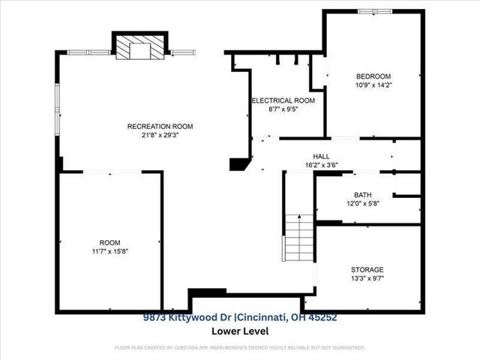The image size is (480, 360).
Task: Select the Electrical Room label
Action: pos(283,100)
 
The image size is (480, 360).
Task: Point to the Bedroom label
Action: pos(373,76)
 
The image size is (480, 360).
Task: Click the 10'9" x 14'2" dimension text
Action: pos(373,85)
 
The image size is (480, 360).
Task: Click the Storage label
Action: pos(367,269)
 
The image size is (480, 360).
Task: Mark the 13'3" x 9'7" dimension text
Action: pos(367,279)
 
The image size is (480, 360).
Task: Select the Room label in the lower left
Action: pos(109,242)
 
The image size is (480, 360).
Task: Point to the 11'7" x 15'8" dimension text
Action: pos(109,252)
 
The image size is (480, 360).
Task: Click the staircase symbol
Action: pos(298,235)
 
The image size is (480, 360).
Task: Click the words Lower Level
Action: pos(240,331)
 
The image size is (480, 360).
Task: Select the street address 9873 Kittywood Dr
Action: pos(192,318)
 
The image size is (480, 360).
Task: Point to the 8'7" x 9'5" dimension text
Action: pos(283,109)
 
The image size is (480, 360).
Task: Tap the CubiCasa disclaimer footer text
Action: pos(240,348)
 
